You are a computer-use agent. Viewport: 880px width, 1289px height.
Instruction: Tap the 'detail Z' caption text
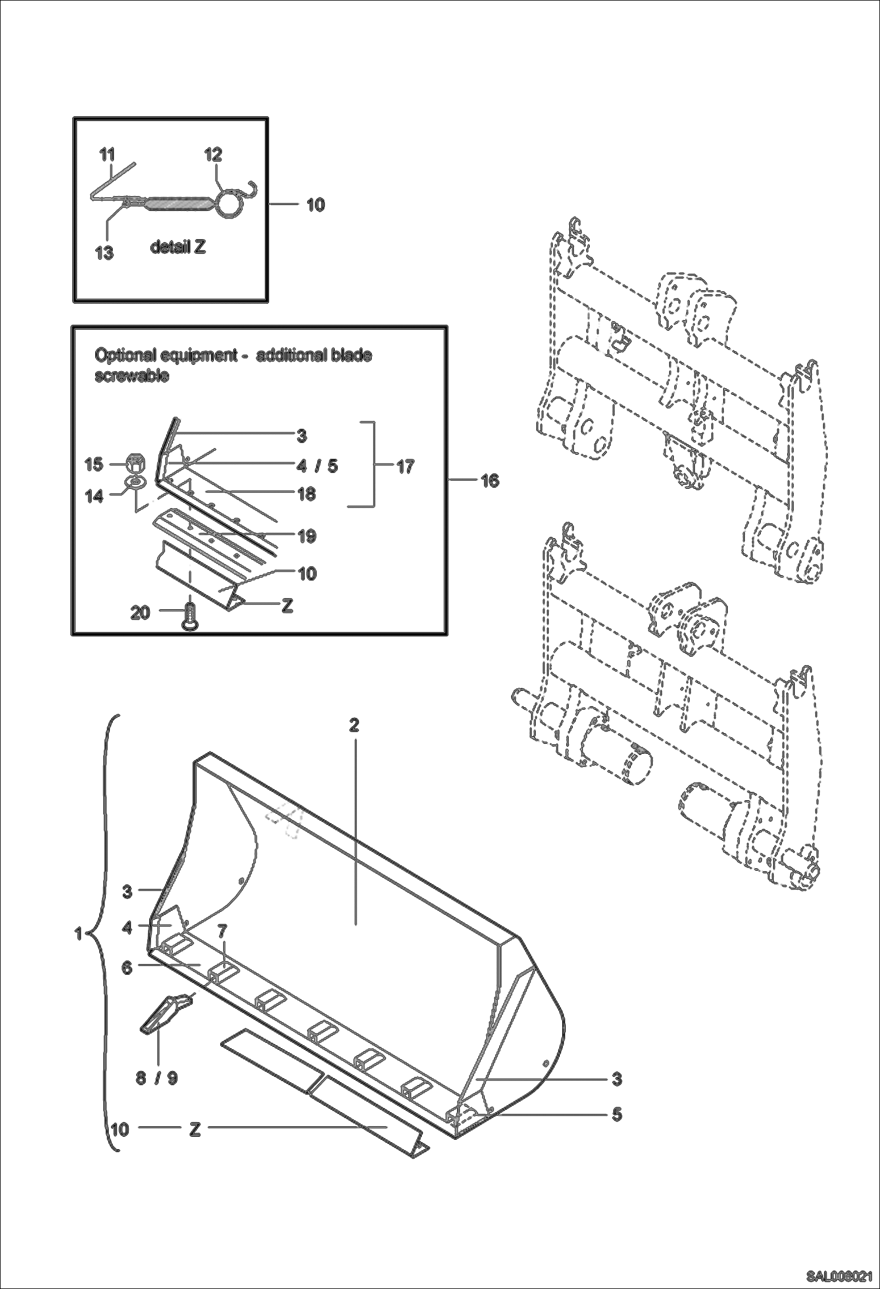click(178, 247)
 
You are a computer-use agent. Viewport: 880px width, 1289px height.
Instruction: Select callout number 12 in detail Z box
click(213, 155)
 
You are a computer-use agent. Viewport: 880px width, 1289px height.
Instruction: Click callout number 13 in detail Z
click(105, 253)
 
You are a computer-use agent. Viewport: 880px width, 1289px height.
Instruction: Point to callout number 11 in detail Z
click(107, 155)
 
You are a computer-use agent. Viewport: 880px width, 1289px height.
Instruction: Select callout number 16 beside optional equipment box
click(490, 481)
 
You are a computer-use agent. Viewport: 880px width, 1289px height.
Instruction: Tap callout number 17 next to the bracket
click(405, 467)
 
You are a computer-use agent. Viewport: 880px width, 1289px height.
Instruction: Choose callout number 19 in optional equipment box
click(307, 535)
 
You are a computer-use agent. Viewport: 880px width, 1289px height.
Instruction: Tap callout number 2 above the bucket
click(354, 725)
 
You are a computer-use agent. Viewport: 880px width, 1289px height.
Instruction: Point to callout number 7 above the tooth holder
click(221, 931)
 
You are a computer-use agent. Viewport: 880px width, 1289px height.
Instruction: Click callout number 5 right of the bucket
click(616, 1114)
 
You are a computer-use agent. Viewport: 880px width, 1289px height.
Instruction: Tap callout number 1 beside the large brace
click(78, 933)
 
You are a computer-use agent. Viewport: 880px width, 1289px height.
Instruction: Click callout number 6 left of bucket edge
click(127, 968)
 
